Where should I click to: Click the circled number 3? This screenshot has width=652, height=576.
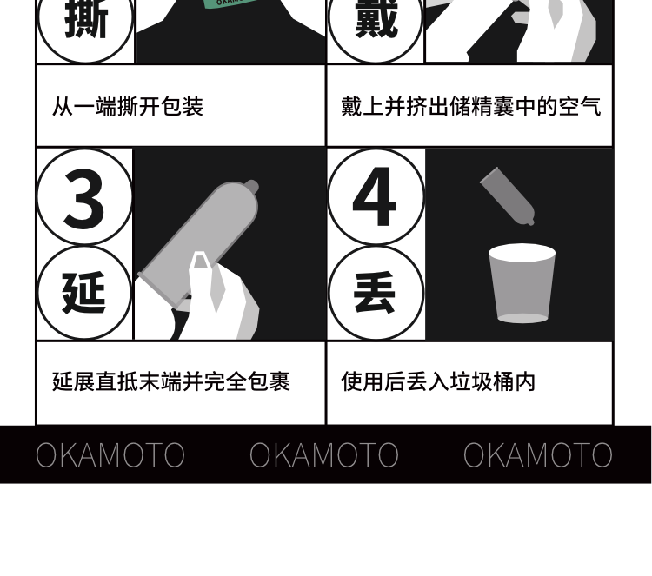pyautogui.click(x=84, y=196)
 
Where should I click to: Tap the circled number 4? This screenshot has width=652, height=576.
pyautogui.click(x=376, y=196)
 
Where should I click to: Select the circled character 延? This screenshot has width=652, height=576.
pyautogui.click(x=84, y=293)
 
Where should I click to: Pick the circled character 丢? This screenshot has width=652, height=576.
pyautogui.click(x=376, y=293)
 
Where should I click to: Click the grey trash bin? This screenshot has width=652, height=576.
pyautogui.click(x=522, y=283)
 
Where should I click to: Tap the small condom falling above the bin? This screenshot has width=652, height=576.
pyautogui.click(x=508, y=196)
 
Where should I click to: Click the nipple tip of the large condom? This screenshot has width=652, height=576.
pyautogui.click(x=251, y=187)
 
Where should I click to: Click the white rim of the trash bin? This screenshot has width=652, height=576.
pyautogui.click(x=522, y=253)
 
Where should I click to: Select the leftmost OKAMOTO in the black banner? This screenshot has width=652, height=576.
pyautogui.click(x=110, y=454)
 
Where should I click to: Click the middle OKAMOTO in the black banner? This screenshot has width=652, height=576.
pyautogui.click(x=324, y=454)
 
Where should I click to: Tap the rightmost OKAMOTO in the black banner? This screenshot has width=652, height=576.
pyautogui.click(x=537, y=454)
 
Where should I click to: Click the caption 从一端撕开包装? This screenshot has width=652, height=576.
pyautogui.click(x=128, y=106)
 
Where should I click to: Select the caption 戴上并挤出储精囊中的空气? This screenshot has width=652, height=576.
pyautogui.click(x=470, y=106)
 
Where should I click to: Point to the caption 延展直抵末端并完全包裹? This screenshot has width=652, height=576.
pyautogui.click(x=171, y=381)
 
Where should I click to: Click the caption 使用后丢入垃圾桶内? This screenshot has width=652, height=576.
pyautogui.click(x=438, y=381)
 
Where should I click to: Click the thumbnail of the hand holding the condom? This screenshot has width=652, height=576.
pyautogui.click(x=230, y=244)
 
